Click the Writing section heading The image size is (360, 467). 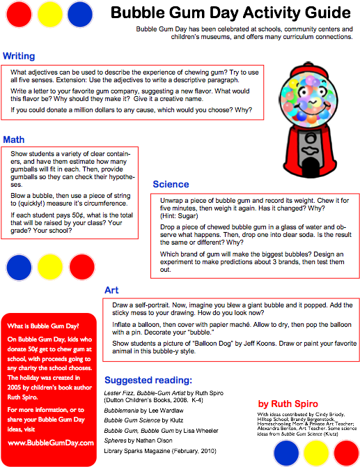(x=19, y=56)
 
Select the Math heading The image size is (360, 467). (x=14, y=139)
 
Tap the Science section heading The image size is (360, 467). (x=171, y=184)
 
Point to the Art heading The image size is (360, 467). (x=111, y=290)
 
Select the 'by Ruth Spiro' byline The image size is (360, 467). (x=288, y=404)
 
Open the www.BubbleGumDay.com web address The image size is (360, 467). (x=51, y=443)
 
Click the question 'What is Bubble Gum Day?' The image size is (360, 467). (x=43, y=326)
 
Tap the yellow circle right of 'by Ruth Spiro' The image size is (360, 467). (x=316, y=452)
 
